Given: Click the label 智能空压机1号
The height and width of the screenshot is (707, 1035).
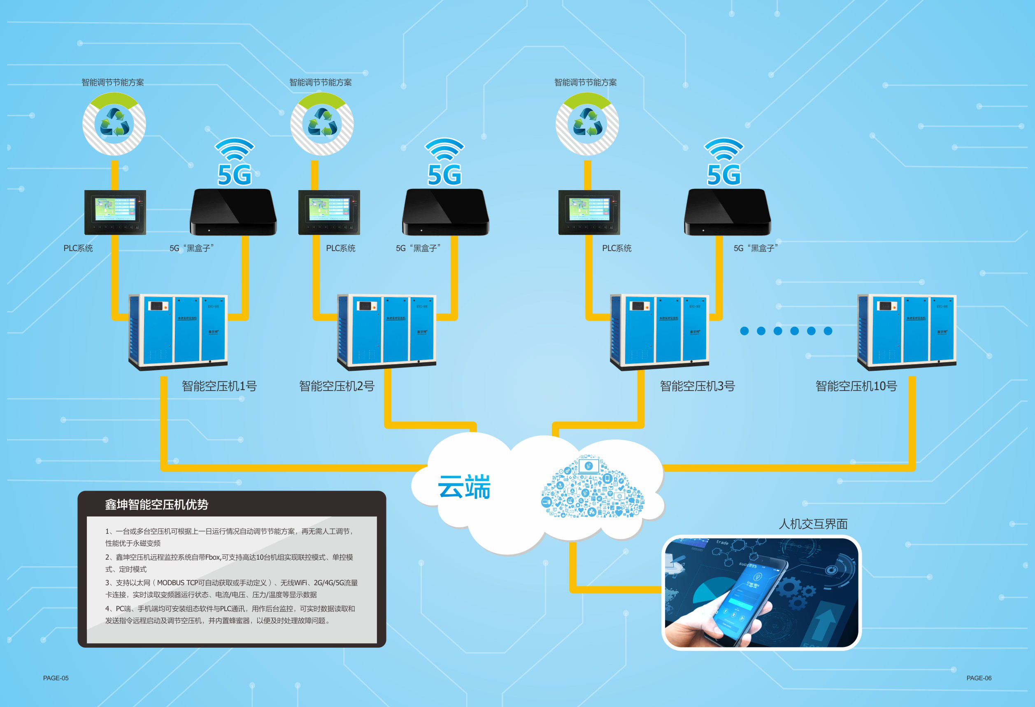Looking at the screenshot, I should (219, 386).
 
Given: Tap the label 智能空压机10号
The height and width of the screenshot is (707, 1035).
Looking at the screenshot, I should (856, 386).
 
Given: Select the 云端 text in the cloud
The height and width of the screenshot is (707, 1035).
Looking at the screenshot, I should (464, 486).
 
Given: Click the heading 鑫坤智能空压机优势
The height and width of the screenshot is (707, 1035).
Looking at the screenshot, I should (156, 505).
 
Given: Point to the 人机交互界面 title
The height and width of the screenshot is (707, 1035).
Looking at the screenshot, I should (813, 523).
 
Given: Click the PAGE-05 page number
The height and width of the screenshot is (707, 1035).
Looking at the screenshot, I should (56, 678).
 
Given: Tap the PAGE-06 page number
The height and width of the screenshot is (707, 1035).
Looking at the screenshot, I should (979, 678).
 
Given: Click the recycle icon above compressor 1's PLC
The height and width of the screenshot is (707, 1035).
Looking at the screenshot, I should (114, 123).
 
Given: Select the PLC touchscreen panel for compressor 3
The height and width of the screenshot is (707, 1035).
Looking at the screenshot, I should (589, 212).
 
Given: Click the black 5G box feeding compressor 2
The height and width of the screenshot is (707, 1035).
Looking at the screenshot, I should (445, 212).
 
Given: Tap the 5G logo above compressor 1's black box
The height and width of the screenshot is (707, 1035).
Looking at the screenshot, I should (235, 163).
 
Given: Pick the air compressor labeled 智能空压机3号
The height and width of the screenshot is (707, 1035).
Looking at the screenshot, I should (659, 332).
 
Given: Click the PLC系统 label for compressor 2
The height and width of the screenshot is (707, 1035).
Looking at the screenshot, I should (340, 248).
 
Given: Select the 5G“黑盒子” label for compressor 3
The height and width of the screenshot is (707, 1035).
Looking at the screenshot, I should (756, 248).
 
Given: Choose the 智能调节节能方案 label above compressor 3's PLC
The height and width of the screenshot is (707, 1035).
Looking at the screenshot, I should (585, 82).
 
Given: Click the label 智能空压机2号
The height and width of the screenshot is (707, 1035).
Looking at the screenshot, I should (337, 386).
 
